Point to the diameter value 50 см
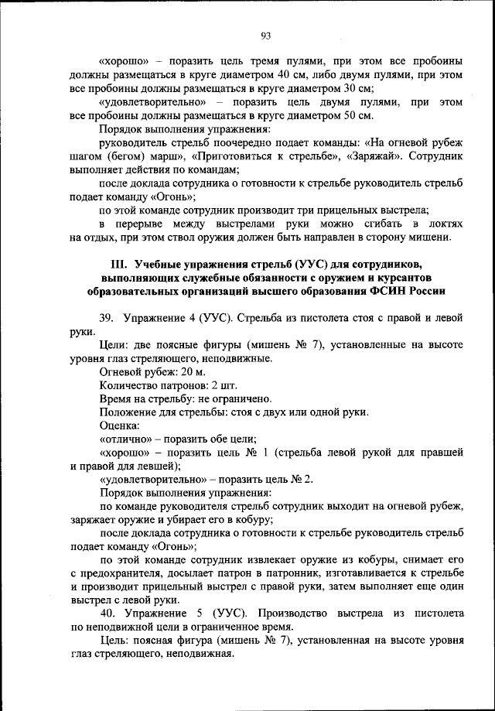click(x=358, y=116)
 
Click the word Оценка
click(x=120, y=426)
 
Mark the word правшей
click(x=441, y=452)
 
